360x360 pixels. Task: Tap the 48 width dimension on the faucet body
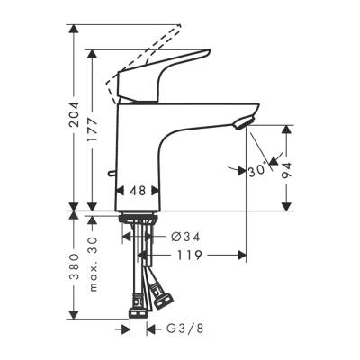[x=139, y=191]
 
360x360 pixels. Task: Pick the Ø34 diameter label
[x=184, y=237]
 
